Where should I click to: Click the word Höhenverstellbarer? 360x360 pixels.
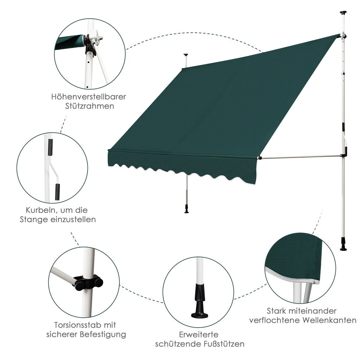point(88,97)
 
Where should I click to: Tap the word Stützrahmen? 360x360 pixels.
point(89,106)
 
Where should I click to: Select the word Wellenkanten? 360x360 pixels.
point(329,320)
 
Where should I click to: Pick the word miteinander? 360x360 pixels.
point(312,311)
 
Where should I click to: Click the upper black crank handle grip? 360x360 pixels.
point(50,147)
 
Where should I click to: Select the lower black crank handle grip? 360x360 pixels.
point(57,192)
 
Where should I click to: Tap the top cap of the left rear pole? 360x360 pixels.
point(186,55)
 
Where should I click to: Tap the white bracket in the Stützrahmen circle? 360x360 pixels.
point(95,39)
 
